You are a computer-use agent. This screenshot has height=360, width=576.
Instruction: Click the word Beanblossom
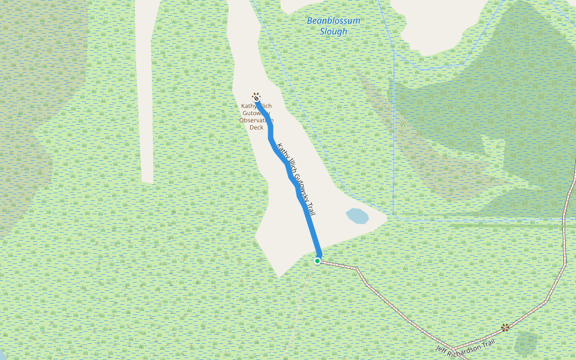tap(334, 21)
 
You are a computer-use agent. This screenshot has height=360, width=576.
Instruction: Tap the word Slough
tap(334, 31)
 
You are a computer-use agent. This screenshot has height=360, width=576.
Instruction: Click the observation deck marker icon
tap(256, 96)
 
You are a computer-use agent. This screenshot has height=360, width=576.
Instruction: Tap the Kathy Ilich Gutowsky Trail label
tap(296, 179)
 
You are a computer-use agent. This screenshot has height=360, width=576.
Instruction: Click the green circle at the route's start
tap(317, 261)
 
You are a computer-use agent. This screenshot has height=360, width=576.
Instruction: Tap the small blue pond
tap(358, 215)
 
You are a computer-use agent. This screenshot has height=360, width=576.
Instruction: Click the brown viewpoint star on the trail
tap(505, 327)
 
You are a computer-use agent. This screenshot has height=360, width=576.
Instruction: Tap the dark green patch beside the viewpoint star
tap(526, 343)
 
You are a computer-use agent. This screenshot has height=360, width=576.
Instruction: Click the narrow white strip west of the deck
tap(148, 90)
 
